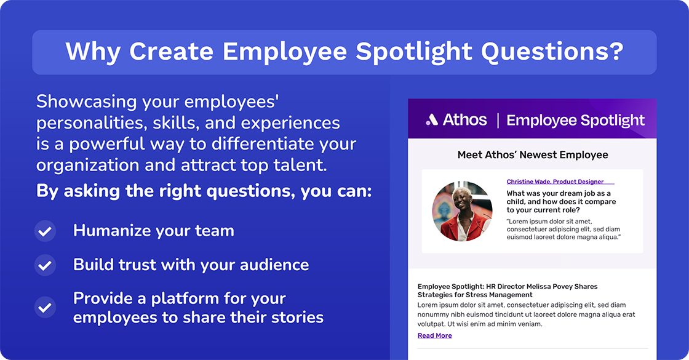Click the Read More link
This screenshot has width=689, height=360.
434,335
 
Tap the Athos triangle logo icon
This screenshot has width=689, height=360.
432,120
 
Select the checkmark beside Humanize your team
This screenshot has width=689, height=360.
45,231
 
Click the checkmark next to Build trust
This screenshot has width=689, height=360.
45,265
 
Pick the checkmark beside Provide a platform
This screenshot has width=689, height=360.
45,307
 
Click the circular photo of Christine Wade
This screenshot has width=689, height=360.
461,211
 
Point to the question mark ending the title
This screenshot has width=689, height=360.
615,52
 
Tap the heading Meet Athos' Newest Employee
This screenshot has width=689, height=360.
532,154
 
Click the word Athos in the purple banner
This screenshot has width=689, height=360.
464,120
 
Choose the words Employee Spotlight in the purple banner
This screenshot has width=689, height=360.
575,121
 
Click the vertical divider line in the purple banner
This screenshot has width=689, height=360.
497,120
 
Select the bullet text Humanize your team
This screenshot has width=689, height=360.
153,231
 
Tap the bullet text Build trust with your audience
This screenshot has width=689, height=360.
191,265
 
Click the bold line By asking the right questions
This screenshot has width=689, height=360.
204,191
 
